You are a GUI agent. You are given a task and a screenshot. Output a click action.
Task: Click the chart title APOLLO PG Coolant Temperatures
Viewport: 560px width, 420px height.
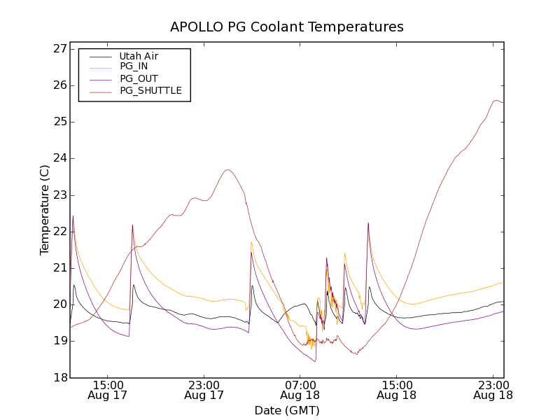pos(287,27)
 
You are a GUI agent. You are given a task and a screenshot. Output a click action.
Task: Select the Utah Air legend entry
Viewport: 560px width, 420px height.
pos(138,56)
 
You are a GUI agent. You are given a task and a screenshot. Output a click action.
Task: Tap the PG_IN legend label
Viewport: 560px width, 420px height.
pos(134,66)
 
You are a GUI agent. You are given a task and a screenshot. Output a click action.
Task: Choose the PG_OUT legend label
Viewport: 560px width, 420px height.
pos(139,78)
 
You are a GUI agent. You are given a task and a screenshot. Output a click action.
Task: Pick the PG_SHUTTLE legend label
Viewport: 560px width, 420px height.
pos(150,90)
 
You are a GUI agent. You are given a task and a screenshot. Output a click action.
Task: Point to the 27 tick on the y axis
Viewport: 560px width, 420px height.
pos(59,49)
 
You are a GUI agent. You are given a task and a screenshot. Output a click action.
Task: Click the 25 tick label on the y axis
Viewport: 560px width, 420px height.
pos(59,122)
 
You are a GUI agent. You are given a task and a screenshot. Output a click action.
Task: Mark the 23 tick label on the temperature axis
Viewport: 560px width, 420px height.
pos(59,195)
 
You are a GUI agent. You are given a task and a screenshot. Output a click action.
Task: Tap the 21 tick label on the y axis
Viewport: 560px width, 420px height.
pos(59,268)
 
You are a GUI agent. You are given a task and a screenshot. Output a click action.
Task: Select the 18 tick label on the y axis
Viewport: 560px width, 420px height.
pos(59,377)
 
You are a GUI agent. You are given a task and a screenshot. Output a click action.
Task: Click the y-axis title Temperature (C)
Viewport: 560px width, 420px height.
pos(45,210)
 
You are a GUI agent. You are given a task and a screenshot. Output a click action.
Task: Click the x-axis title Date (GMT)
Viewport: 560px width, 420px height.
pos(287,410)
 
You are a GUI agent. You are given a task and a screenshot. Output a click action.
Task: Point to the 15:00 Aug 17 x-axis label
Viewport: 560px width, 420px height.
pos(108,390)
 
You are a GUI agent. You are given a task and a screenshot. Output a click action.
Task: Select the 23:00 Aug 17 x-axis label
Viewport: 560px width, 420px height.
pos(204,390)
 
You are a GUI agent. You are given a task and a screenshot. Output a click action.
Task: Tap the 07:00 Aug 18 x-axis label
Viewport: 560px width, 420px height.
pos(300,390)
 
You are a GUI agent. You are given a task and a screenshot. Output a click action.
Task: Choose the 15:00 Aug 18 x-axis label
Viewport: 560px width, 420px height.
pos(396,390)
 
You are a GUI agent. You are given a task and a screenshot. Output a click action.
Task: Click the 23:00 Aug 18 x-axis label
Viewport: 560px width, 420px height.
pos(492,390)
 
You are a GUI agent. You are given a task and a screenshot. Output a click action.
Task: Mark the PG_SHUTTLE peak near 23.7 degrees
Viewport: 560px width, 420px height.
pos(227,169)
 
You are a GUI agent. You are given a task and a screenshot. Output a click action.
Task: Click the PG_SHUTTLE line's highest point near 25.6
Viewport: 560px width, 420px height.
pos(496,100)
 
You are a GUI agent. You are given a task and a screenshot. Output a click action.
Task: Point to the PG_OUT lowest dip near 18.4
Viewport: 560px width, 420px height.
pos(315,361)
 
